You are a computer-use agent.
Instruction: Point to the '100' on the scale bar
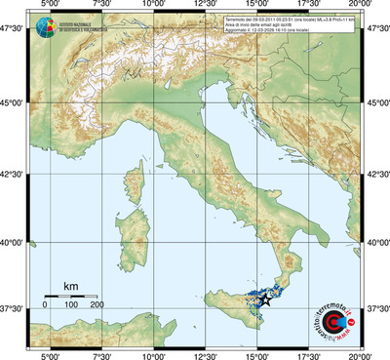point(70,305)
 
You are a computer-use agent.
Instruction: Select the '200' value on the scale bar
point(97,305)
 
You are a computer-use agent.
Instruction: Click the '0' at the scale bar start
point(45,305)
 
